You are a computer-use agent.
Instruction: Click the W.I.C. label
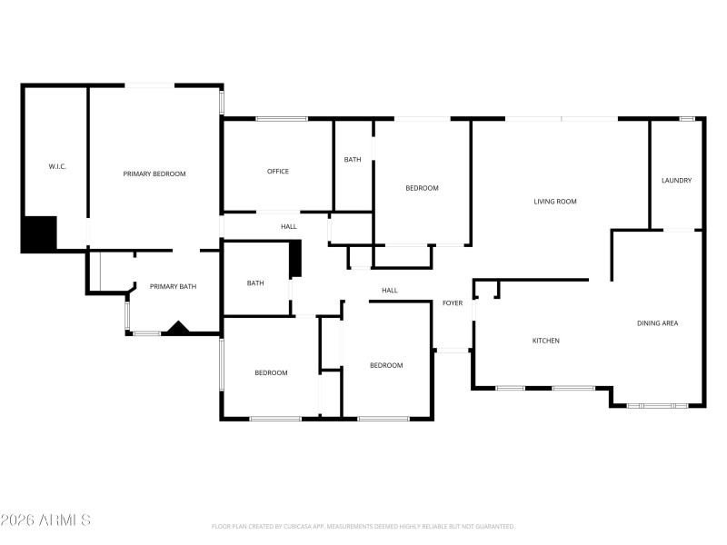(57, 166)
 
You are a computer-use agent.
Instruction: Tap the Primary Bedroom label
(154, 173)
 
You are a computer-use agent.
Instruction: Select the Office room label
(278, 171)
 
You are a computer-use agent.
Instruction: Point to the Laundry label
(676, 180)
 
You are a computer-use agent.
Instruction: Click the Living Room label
(555, 202)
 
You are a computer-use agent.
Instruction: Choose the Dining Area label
(657, 323)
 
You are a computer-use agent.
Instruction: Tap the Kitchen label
(545, 341)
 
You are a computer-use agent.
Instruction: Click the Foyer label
(453, 303)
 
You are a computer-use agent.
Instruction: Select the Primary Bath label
(173, 287)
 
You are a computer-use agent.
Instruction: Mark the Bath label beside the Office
(353, 160)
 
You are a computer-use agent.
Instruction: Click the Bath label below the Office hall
(255, 283)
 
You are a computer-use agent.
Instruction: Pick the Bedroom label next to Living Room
(422, 188)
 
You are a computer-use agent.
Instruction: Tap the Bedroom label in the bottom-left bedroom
(271, 372)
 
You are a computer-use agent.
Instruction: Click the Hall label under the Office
(289, 226)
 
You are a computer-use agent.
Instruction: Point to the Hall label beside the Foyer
(390, 291)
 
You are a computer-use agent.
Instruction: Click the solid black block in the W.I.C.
(40, 233)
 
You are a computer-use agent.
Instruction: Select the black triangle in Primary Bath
(175, 328)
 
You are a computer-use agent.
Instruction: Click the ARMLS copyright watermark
(45, 520)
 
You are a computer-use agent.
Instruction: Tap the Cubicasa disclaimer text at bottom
(363, 526)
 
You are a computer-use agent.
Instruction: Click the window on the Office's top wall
(281, 119)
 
